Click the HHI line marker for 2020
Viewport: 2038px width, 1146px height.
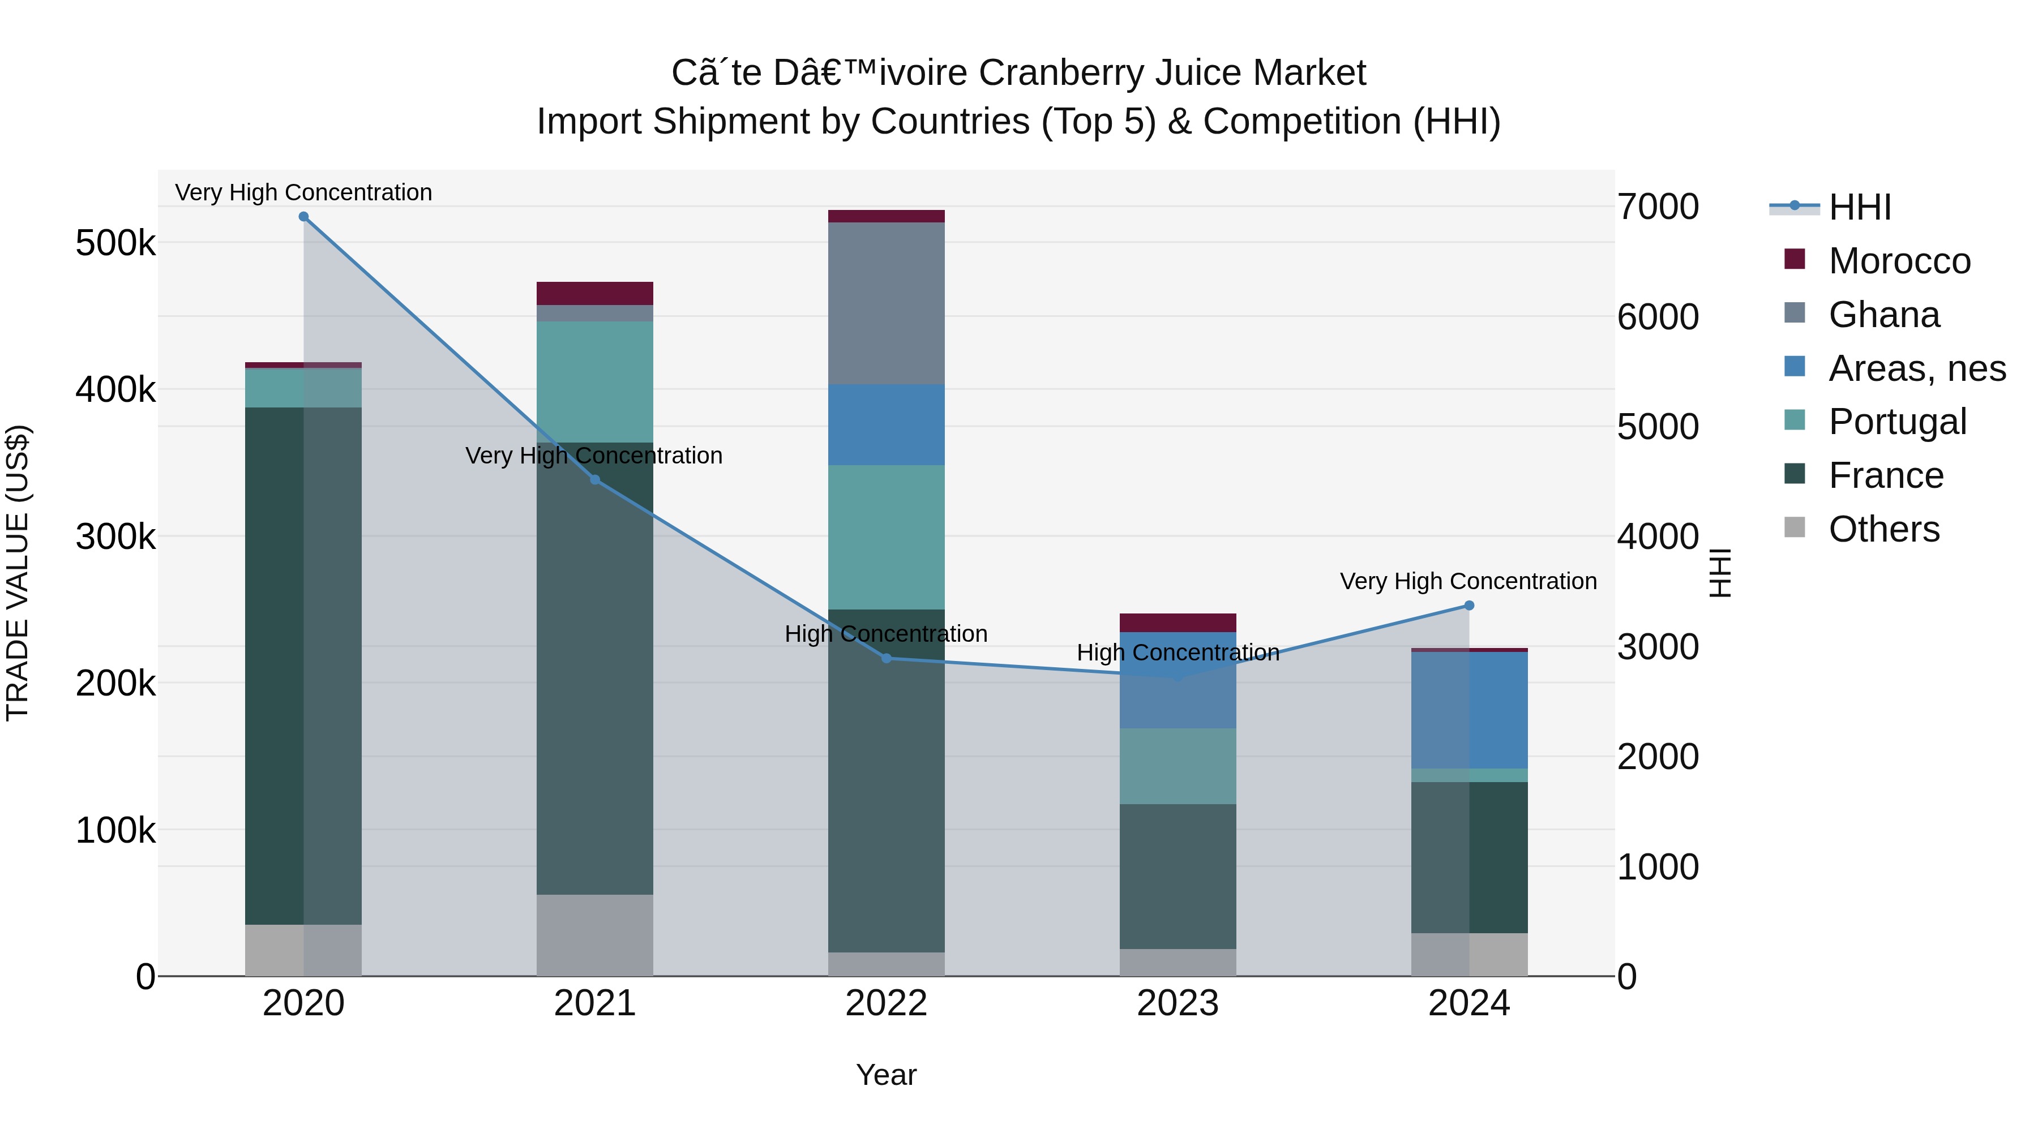pyautogui.click(x=304, y=217)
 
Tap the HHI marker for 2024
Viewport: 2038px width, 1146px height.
pyautogui.click(x=1469, y=606)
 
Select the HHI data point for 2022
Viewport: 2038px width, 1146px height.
pyautogui.click(x=886, y=659)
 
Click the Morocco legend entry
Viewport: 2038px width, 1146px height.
pyautogui.click(x=1899, y=261)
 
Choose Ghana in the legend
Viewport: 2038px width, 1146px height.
pyautogui.click(x=1883, y=315)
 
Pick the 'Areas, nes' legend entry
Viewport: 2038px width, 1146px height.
pyautogui.click(x=1916, y=368)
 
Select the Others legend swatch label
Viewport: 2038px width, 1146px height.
pyautogui.click(x=1883, y=529)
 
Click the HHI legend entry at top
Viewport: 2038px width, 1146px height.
pyautogui.click(x=1859, y=207)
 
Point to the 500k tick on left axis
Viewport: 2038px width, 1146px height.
pyautogui.click(x=115, y=243)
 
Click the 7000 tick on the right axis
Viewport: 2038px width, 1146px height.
pyautogui.click(x=1658, y=207)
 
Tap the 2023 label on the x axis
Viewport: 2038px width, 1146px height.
pyautogui.click(x=1178, y=1003)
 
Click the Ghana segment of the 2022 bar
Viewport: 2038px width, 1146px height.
pyautogui.click(x=886, y=304)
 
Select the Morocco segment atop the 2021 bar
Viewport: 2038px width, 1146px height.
pyautogui.click(x=595, y=293)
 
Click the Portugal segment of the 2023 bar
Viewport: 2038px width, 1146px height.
pyautogui.click(x=1178, y=766)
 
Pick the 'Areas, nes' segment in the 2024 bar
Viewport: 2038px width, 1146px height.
pyautogui.click(x=1469, y=710)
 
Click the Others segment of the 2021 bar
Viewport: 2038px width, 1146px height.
pyautogui.click(x=595, y=935)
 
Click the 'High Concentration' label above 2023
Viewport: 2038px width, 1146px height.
pyautogui.click(x=1178, y=653)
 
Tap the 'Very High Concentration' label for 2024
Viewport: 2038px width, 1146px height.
pyautogui.click(x=1467, y=581)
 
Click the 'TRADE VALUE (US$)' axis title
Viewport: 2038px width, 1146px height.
pyautogui.click(x=18, y=573)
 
